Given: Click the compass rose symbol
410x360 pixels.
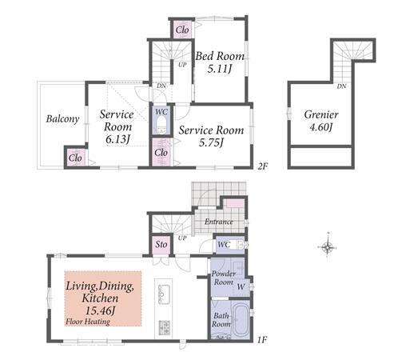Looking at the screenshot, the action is click(328, 246).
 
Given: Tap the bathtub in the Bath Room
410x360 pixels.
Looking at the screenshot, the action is click(241, 320).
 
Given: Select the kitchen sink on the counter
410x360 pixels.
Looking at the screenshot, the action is click(164, 294).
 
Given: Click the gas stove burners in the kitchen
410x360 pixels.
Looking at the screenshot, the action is click(165, 327).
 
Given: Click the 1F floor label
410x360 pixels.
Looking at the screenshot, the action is click(262, 339).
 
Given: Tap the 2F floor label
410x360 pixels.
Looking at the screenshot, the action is click(262, 166).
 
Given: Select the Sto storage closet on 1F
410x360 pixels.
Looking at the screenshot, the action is click(161, 245).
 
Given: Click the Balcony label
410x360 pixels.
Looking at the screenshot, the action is click(62, 119).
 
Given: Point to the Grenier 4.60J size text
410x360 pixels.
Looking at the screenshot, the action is click(320, 127).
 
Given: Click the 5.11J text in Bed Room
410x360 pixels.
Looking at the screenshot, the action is click(219, 69).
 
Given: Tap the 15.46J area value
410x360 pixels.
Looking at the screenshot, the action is click(100, 310).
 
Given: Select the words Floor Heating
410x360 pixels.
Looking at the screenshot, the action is click(88, 322).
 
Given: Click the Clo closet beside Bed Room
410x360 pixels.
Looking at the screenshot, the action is click(182, 30).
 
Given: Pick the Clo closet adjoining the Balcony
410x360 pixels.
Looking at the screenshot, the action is click(75, 158).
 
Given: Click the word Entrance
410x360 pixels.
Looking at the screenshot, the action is click(219, 222).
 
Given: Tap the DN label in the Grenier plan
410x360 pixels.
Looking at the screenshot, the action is click(341, 86).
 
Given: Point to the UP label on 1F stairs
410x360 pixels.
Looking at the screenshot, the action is click(182, 238).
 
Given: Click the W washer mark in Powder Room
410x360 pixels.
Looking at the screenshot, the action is click(241, 287).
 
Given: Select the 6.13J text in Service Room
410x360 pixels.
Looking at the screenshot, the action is click(117, 139).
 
